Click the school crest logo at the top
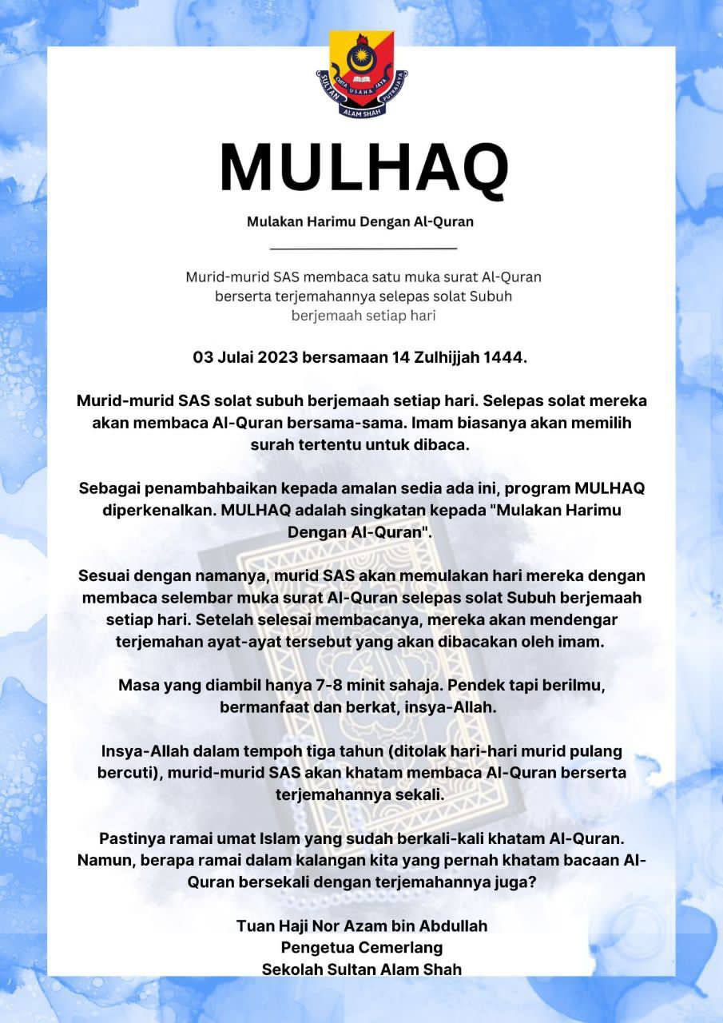[361, 74]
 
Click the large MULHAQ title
[363, 169]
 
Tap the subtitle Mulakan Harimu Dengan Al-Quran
[360, 221]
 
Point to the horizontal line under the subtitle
[363, 249]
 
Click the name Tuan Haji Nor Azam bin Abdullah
[361, 926]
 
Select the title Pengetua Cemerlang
[361, 948]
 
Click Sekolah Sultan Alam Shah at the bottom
[361, 969]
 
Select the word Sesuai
[105, 576]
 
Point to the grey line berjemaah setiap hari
[363, 316]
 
